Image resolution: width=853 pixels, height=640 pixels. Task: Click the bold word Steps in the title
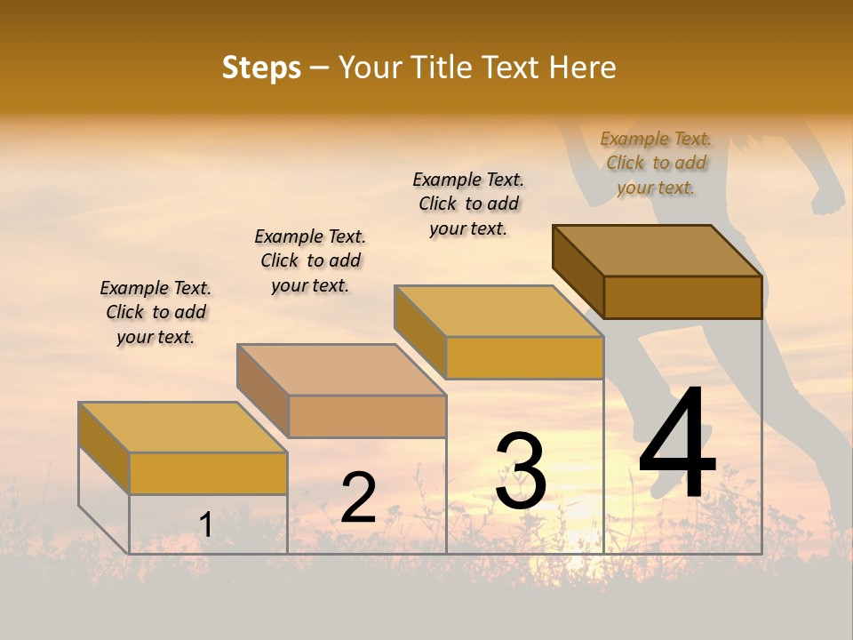pos(261,68)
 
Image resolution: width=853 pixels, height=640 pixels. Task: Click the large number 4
pos(677,444)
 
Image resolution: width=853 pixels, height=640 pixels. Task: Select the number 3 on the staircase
pos(521,471)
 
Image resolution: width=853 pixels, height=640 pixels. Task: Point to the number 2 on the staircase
pos(359,498)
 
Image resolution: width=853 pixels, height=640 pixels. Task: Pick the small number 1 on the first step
pos(206,525)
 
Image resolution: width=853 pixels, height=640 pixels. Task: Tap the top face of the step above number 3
pos(498,311)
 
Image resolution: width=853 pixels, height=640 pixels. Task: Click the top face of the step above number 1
pos(182,428)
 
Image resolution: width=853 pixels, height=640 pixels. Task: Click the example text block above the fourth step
pos(656,164)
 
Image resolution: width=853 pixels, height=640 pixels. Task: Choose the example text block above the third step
pos(468,204)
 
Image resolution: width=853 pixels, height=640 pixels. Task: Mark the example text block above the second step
pos(310,260)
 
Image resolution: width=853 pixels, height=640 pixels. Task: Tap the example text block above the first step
pos(155,312)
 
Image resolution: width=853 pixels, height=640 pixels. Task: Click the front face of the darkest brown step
pos(682,297)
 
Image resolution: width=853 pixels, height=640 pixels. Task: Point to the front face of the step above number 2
pos(367,416)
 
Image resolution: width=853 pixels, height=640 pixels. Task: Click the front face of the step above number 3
pos(524,357)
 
